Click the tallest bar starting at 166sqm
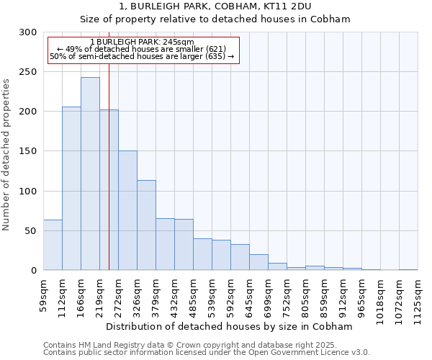tap(90, 174)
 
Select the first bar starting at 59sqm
tap(53, 245)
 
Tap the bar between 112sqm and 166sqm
tap(71, 189)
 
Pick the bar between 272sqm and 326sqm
tap(127, 210)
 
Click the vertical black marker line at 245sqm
tap(109, 180)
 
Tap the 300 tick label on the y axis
tap(28, 32)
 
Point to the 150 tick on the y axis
tap(28, 151)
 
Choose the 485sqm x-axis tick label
tap(193, 294)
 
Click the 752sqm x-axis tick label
tap(287, 294)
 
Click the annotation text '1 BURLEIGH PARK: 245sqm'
tap(143, 42)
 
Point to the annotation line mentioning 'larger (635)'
tap(143, 56)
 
